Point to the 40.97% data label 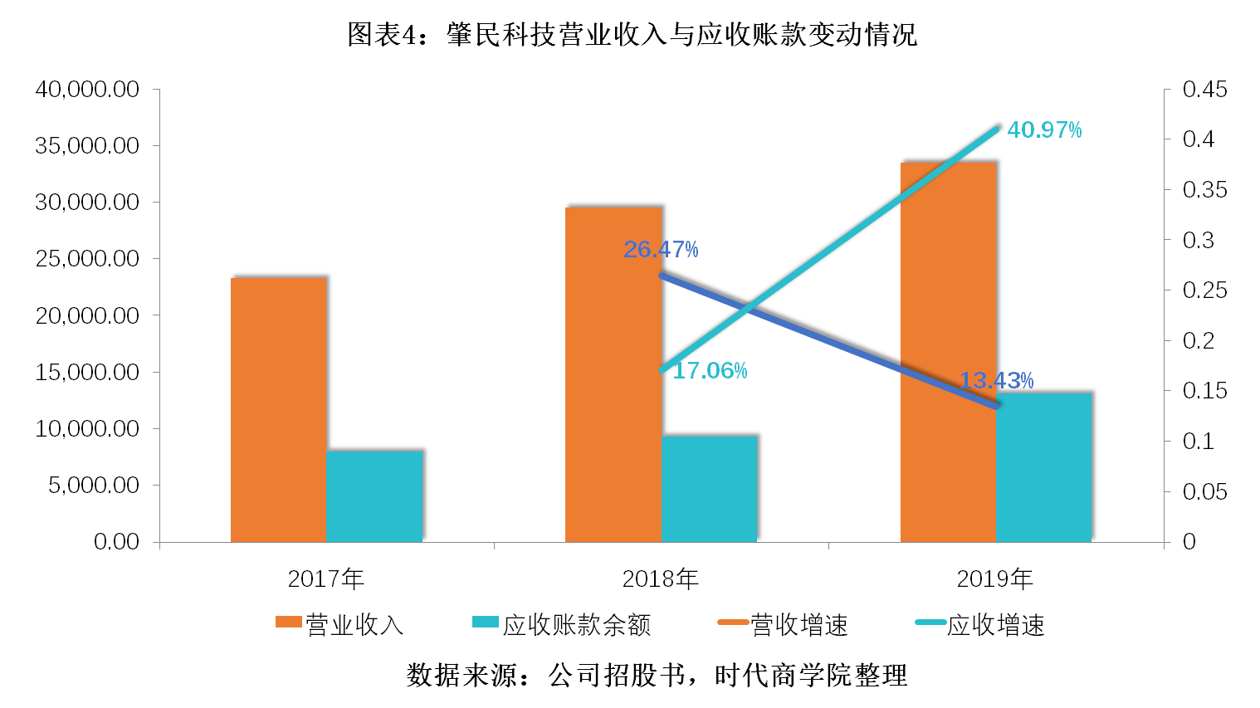(1044, 130)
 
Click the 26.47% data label (661, 249)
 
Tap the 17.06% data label (710, 371)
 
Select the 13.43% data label (996, 381)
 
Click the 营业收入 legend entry (339, 624)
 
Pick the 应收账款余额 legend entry (561, 624)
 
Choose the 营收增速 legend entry (783, 624)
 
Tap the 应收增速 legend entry (979, 624)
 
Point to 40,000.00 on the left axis (87, 90)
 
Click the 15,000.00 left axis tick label (87, 372)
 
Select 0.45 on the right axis (1204, 90)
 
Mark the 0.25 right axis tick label (1204, 291)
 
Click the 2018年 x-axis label (661, 579)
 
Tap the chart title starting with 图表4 (632, 35)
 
